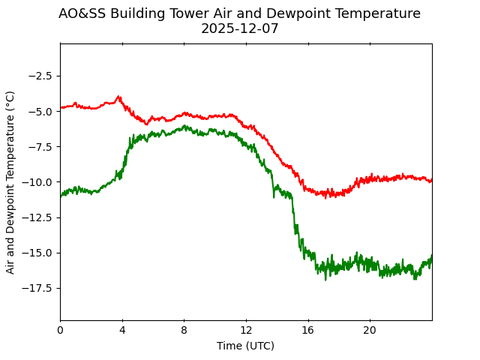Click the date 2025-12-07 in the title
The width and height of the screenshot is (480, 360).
[x=239, y=28]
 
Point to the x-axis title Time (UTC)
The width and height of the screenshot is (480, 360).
[x=245, y=346]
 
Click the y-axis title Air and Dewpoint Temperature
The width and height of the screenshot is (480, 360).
[x=10, y=182]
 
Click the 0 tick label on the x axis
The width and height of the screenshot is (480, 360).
[x=60, y=331]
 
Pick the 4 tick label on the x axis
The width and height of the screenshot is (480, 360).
[x=122, y=331]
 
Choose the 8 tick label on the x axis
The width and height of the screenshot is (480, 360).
[x=184, y=331]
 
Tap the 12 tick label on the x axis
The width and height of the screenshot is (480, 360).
[x=246, y=331]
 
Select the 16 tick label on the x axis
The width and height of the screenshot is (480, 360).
[x=308, y=331]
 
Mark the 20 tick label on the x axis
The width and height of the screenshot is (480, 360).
[x=370, y=331]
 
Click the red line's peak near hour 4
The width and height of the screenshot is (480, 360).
[x=118, y=97]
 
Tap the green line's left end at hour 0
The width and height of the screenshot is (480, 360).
[x=61, y=196]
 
